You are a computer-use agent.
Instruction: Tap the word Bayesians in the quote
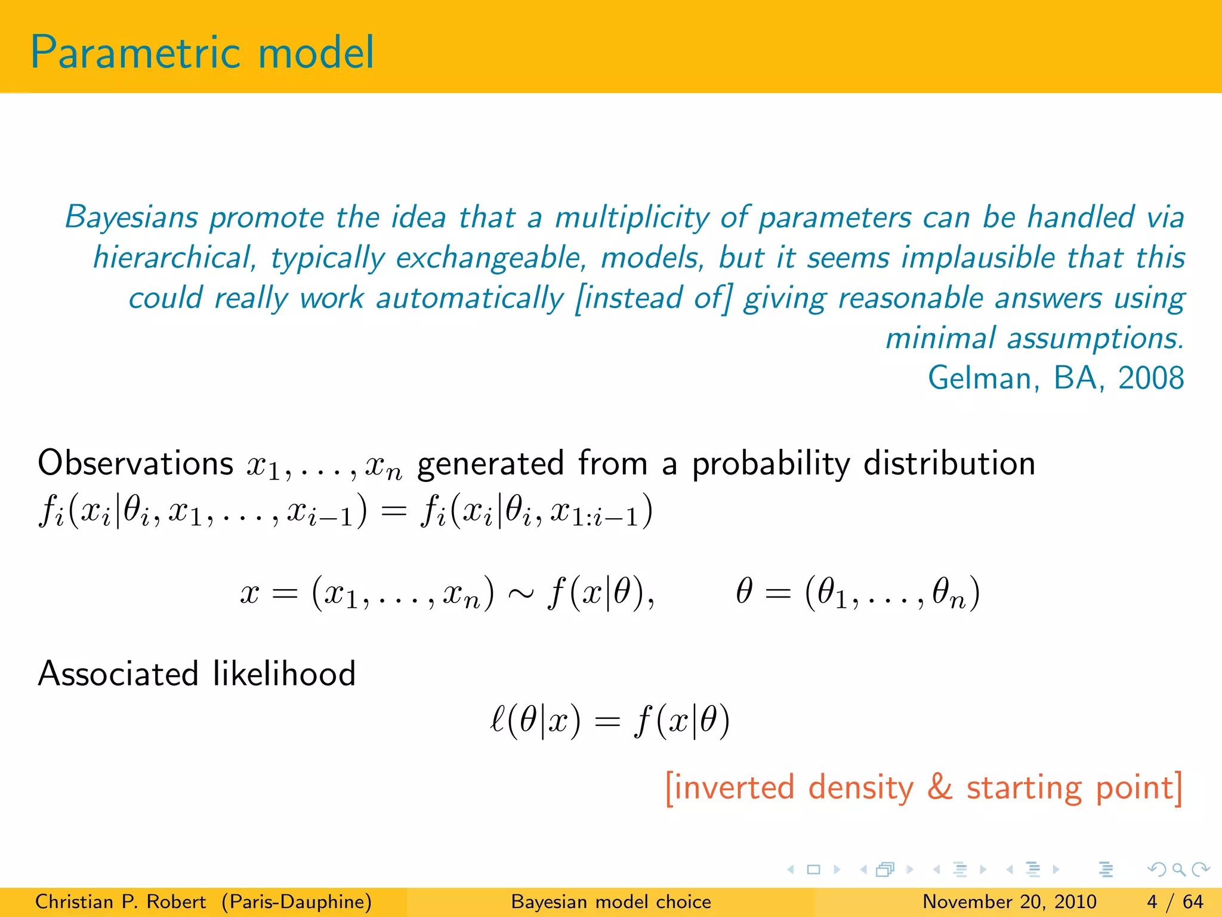click(x=131, y=217)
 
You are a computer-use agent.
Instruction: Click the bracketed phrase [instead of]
click(x=653, y=298)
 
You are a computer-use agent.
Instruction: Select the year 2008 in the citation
click(x=1151, y=379)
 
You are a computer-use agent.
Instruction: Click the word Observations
click(x=135, y=463)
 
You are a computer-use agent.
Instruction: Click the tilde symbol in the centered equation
click(x=520, y=593)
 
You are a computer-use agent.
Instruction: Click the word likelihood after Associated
click(x=284, y=674)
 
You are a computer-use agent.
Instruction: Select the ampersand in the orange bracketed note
click(x=940, y=787)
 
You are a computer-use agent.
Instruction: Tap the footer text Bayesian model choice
click(x=611, y=901)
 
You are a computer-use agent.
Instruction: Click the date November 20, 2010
click(x=1010, y=901)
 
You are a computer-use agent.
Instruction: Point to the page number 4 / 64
click(x=1175, y=901)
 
